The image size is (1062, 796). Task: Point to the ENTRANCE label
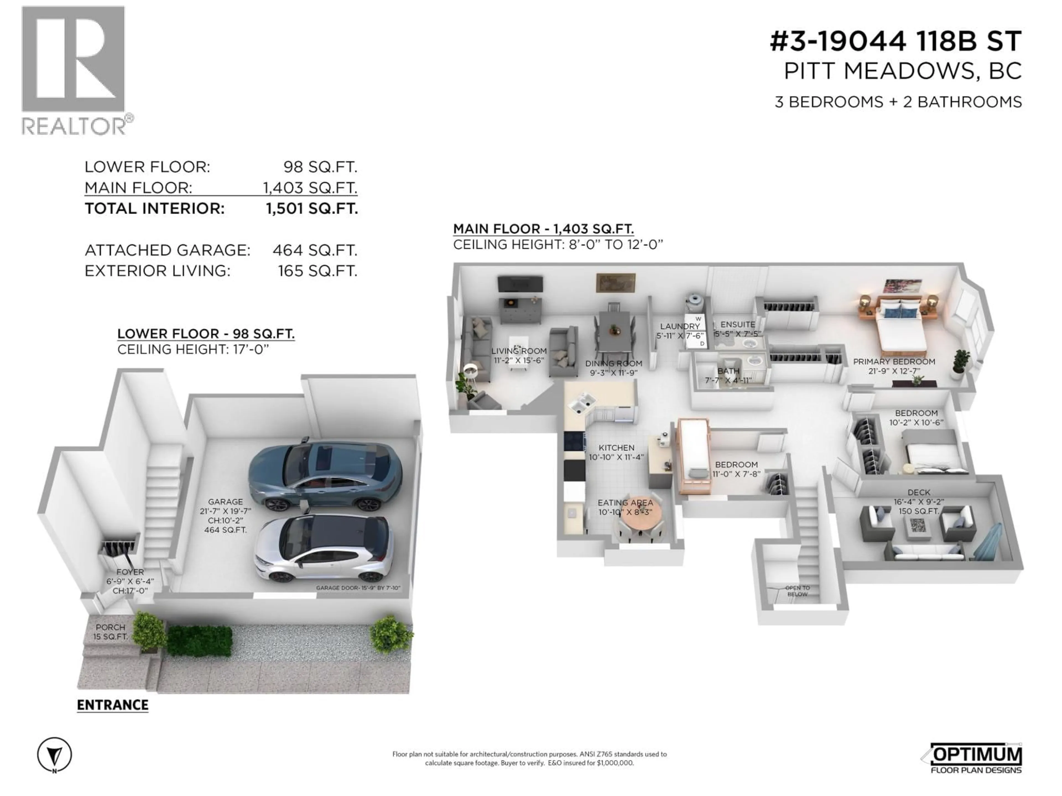[112, 705]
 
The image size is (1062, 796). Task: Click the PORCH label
[110, 627]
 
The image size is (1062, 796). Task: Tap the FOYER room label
[130, 572]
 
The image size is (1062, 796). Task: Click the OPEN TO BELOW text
[797, 591]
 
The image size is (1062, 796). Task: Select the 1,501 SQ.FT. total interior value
[312, 209]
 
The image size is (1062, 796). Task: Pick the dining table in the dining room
[614, 331]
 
